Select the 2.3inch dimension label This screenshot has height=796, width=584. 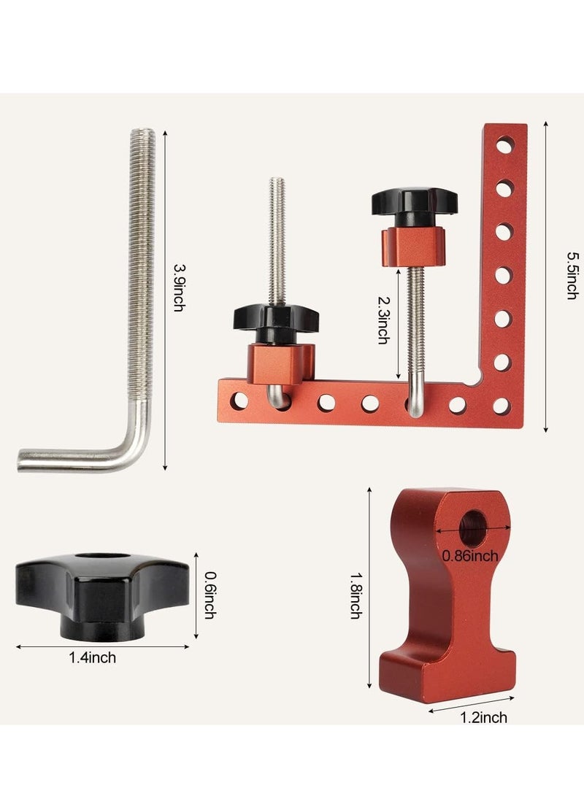click(383, 320)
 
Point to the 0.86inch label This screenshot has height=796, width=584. click(470, 557)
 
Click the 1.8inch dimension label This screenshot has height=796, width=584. click(356, 594)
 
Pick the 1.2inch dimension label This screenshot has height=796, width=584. click(485, 718)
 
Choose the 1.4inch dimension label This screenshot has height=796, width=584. click(92, 658)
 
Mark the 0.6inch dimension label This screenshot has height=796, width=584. click(209, 594)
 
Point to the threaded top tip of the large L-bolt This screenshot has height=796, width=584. click(143, 136)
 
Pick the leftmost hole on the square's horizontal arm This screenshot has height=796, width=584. click(239, 400)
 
